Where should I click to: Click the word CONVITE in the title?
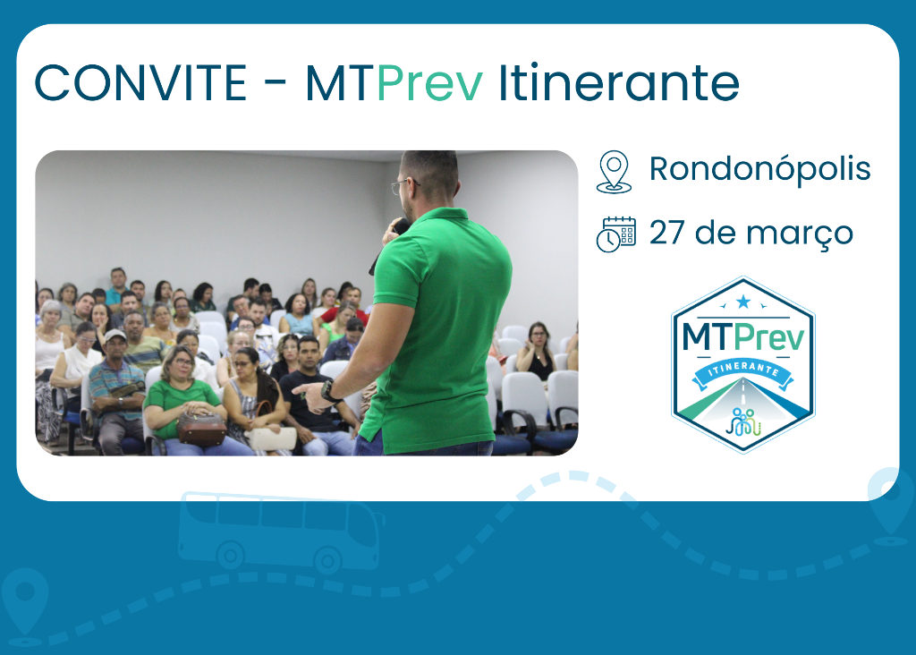tap(140, 83)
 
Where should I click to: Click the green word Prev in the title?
tap(429, 83)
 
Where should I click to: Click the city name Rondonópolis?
tap(759, 169)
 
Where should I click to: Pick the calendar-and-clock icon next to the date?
tap(615, 234)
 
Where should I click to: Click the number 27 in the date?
tap(666, 234)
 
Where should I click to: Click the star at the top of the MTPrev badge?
tap(742, 301)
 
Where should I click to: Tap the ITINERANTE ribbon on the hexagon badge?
tap(742, 369)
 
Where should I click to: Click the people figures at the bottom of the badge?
tap(742, 420)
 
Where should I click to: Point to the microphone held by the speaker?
tap(400, 226)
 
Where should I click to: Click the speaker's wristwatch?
tap(330, 391)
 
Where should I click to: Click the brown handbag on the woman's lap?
tap(201, 428)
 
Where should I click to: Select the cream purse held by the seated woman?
tap(272, 438)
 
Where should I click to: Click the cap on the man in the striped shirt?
tap(114, 336)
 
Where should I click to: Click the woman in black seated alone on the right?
tap(539, 352)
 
